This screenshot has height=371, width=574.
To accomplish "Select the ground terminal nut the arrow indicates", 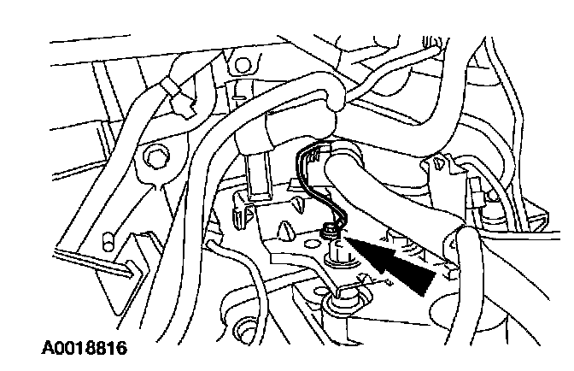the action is [x=329, y=229].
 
